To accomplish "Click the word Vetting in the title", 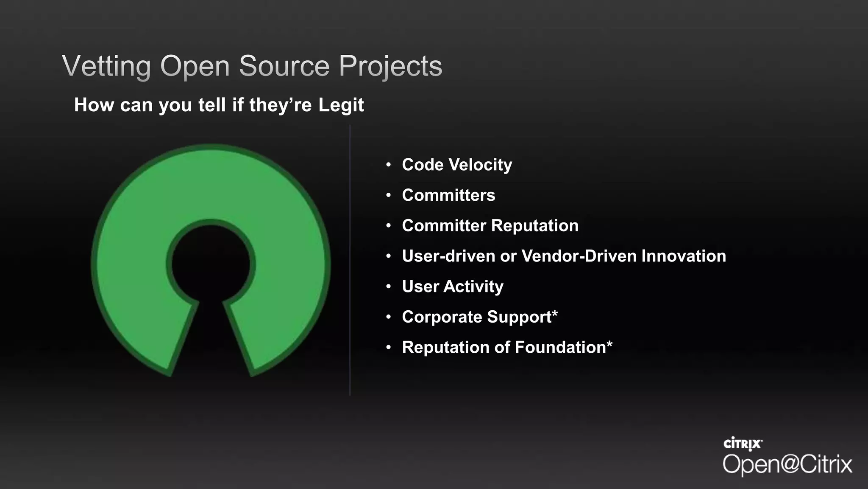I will point(106,66).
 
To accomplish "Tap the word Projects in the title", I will point(390,66).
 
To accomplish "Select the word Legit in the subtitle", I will point(341,105).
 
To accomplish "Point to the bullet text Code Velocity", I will point(457,165).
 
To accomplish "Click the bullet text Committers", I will point(448,195).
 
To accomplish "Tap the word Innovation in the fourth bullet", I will point(683,256).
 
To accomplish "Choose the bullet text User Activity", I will point(453,287).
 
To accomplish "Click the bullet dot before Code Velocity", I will point(388,165).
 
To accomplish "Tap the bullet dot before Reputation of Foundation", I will point(388,348).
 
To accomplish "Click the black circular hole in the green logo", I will point(211,263).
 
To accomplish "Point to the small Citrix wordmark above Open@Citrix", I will point(743,444).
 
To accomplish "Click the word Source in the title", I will point(284,66).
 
